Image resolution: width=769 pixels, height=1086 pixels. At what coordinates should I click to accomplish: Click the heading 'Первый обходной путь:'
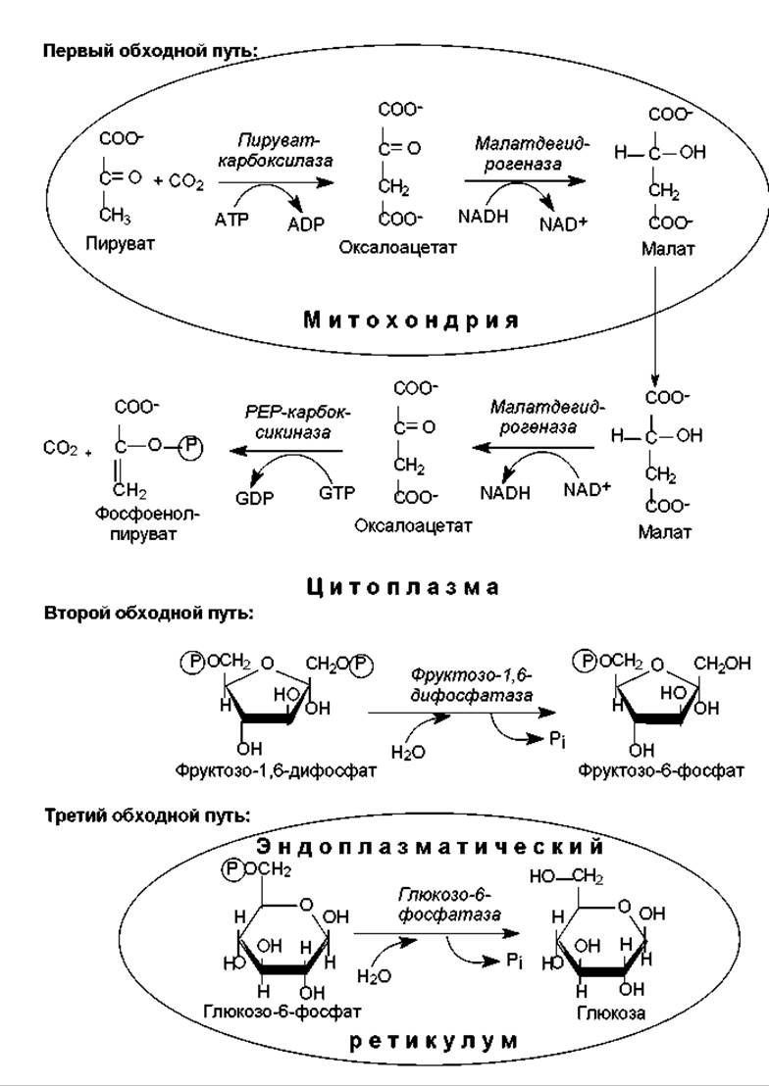(150, 51)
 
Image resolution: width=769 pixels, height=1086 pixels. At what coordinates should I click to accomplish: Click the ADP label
(305, 223)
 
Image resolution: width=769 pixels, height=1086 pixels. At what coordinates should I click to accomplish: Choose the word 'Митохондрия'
(410, 320)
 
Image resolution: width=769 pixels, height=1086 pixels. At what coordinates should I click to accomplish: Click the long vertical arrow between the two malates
(655, 323)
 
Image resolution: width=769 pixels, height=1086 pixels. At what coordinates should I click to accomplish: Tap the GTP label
(336, 493)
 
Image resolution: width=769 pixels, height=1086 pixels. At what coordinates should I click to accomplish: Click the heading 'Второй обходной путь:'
(148, 614)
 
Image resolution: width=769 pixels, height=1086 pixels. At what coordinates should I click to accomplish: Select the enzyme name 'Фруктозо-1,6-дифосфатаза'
(472, 685)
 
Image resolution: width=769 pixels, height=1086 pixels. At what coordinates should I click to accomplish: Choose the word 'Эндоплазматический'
(430, 845)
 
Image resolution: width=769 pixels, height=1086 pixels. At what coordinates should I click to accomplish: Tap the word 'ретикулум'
(433, 1041)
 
